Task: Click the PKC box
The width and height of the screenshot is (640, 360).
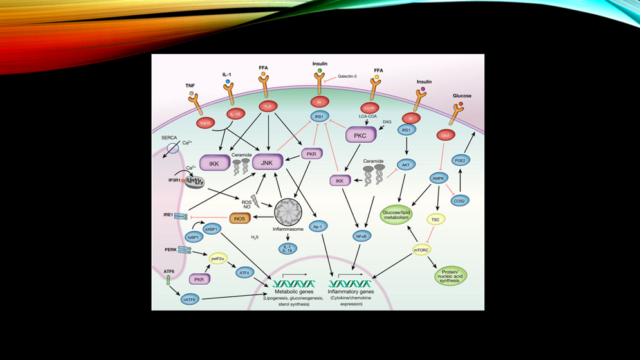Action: coord(360,136)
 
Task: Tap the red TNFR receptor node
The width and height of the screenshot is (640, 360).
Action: coord(206,123)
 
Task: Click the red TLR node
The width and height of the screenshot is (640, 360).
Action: coord(266,106)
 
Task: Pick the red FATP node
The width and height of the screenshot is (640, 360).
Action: coord(369,108)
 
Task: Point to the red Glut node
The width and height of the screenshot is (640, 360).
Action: coord(445,135)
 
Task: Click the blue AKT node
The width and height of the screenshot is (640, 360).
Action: coord(406,165)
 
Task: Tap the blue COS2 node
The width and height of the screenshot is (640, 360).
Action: coord(460,201)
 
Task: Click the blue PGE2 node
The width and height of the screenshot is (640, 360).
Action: coord(459,160)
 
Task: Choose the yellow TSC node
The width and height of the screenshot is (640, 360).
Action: coord(435,219)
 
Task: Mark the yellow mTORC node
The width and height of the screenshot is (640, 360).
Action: coord(421,249)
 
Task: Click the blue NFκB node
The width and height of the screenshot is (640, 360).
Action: coord(361,237)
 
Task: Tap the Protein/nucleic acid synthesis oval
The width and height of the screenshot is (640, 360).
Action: coord(450,275)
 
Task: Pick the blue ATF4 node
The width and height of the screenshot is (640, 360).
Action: coord(244,273)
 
